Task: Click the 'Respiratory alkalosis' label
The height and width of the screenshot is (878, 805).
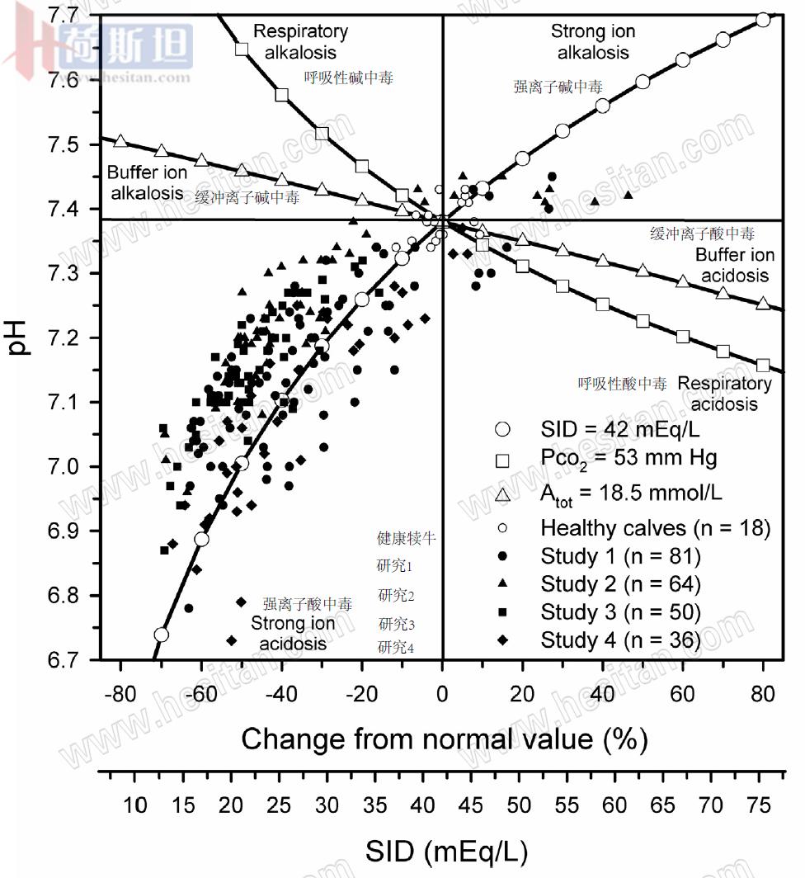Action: coord(300,42)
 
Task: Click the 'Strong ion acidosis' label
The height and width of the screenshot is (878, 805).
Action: coord(293,632)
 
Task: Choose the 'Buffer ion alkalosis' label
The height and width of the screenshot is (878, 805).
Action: coord(145,182)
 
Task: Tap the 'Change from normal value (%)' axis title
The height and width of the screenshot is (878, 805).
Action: coord(444,739)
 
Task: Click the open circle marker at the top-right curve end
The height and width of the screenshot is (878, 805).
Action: coord(763,19)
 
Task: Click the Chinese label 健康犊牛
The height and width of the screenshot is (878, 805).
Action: coord(406,539)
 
